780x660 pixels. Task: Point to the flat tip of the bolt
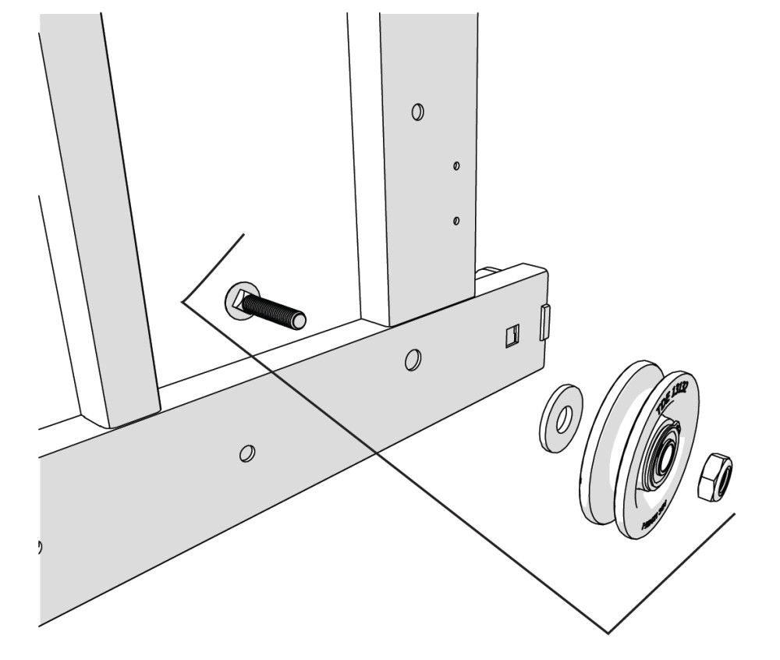coord(298,320)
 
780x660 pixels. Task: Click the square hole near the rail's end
coord(512,336)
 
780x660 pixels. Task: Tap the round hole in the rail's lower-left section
coord(247,453)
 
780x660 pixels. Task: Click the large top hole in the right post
coord(418,113)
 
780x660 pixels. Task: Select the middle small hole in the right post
coord(456,165)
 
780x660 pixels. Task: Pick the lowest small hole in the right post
coord(456,222)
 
